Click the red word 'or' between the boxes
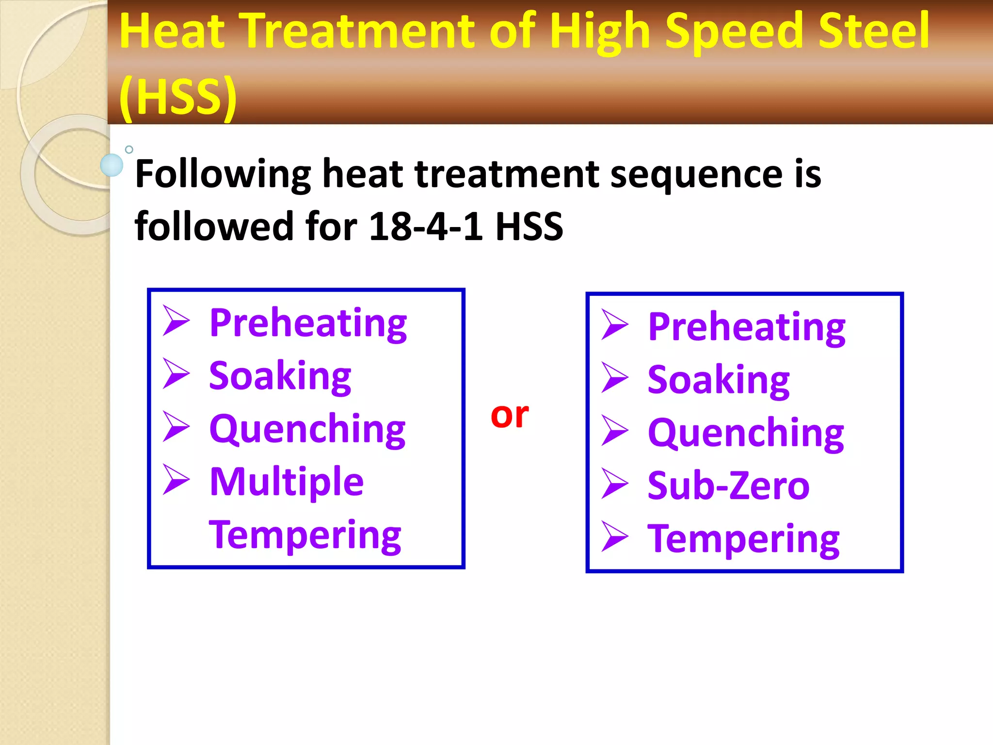pyautogui.click(x=509, y=415)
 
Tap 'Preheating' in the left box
pyautogui.click(x=308, y=324)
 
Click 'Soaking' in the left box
pyautogui.click(x=280, y=376)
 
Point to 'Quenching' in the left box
pyautogui.click(x=307, y=430)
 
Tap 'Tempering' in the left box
pyautogui.click(x=305, y=535)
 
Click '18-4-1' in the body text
pyautogui.click(x=426, y=227)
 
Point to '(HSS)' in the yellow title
pyautogui.click(x=178, y=97)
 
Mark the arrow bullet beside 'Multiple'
pyautogui.click(x=176, y=480)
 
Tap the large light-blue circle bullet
pyautogui.click(x=112, y=165)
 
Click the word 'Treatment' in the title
pyautogui.click(x=358, y=31)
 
